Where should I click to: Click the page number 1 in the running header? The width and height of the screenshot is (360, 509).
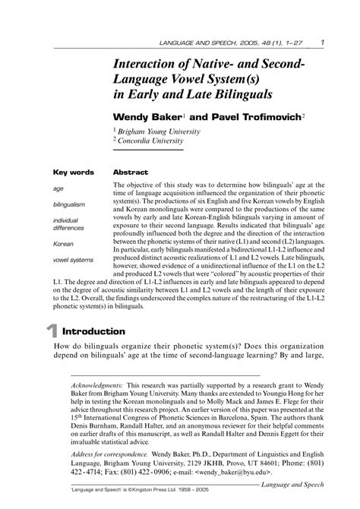click(x=324, y=41)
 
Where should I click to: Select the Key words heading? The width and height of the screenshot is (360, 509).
click(x=74, y=172)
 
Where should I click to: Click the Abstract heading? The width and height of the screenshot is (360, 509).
click(x=129, y=172)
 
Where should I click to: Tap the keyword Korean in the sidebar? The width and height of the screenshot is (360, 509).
click(x=63, y=244)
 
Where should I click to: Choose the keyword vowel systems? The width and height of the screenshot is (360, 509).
click(x=74, y=261)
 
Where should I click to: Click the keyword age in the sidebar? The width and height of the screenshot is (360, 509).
click(x=58, y=188)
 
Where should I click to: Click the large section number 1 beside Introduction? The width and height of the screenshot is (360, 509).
click(x=52, y=332)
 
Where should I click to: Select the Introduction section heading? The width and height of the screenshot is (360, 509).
click(x=93, y=331)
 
